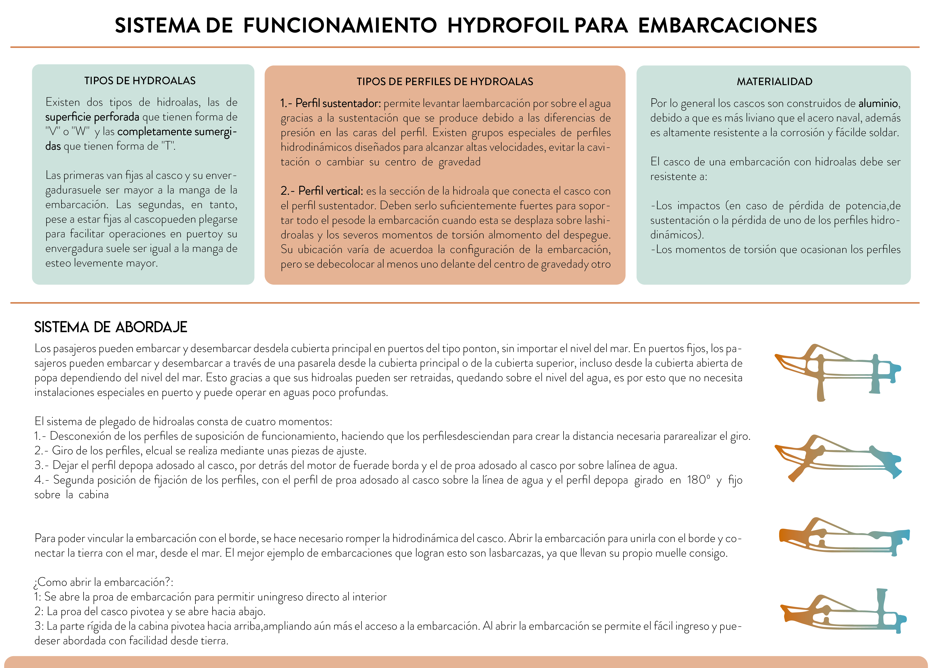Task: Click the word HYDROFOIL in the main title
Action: click(x=508, y=25)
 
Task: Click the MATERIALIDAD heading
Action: click(x=774, y=82)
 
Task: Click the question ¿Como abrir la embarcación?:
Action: click(x=104, y=582)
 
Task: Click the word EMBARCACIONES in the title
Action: click(x=727, y=25)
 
